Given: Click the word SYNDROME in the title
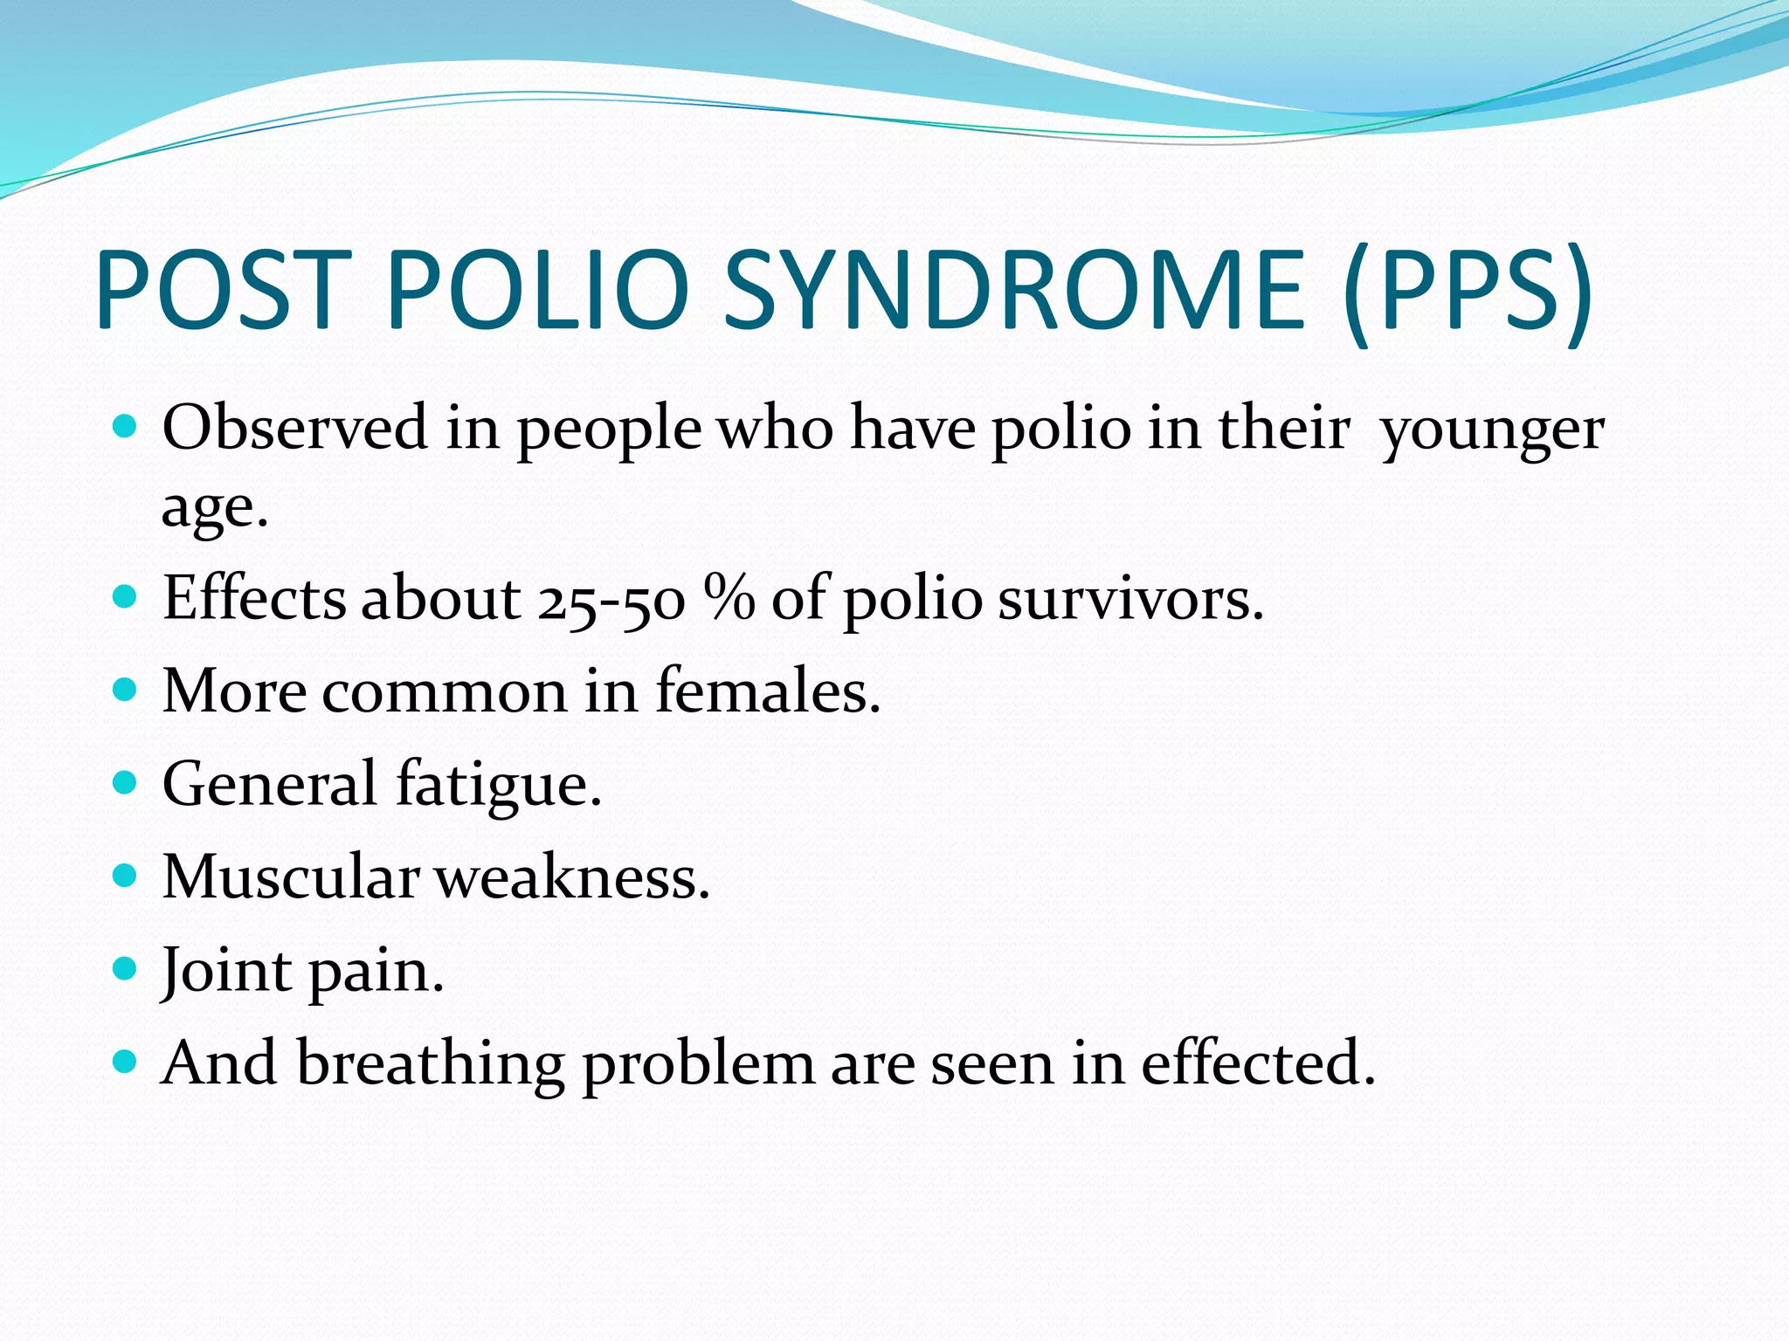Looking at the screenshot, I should (x=1013, y=290).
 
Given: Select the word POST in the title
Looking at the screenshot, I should (x=223, y=290).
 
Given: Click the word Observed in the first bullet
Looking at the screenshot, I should (x=295, y=428).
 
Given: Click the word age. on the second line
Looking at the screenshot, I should (x=214, y=509).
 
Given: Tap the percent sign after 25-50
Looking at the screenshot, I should (x=729, y=599).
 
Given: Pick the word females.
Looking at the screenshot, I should (x=768, y=691).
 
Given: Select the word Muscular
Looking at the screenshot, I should (x=291, y=877).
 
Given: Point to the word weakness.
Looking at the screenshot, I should (x=573, y=877).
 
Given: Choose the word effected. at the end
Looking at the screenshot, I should (x=1258, y=1063).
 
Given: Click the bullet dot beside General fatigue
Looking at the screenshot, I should (x=126, y=781).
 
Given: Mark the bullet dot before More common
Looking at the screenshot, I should (x=126, y=689).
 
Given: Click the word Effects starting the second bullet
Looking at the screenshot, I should (x=254, y=600).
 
